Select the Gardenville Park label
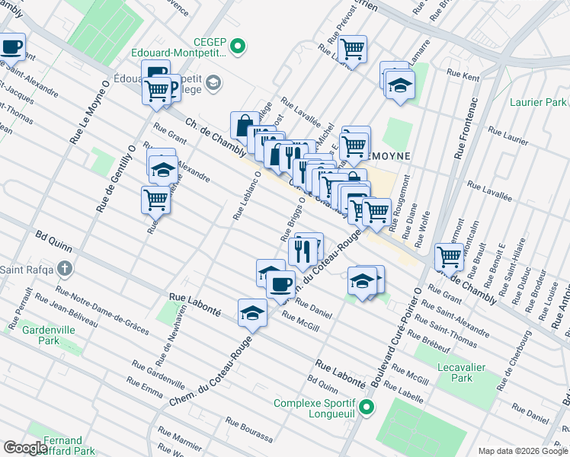pyautogui.click(x=40, y=335)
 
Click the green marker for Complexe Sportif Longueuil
pyautogui.click(x=367, y=408)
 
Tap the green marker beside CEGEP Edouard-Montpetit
pyautogui.click(x=239, y=47)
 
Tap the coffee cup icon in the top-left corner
pyautogui.click(x=11, y=46)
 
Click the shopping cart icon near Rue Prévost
pyautogui.click(x=352, y=49)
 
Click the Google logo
pyautogui.click(x=25, y=448)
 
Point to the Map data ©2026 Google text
pyautogui.click(x=522, y=451)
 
